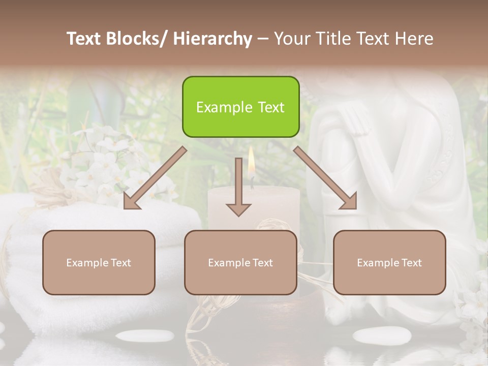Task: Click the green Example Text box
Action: (240, 107)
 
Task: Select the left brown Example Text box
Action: (99, 262)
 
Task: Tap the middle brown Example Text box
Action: (240, 262)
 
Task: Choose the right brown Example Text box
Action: (389, 262)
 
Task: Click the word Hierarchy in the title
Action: (212, 39)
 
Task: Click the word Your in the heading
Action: (292, 39)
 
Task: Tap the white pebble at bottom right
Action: (382, 335)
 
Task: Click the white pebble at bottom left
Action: (145, 335)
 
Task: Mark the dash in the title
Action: (263, 39)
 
